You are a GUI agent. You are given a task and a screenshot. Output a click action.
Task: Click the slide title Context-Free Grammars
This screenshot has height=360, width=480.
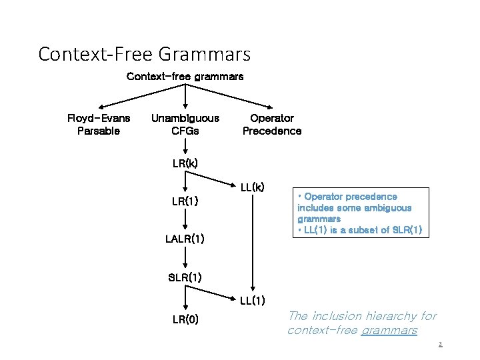[x=144, y=53]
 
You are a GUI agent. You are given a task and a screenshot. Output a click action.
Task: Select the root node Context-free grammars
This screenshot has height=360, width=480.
[x=185, y=76]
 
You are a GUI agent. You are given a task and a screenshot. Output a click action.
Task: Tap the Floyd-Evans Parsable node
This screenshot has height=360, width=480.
[x=99, y=125]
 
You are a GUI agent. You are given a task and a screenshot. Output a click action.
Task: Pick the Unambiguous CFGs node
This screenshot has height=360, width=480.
[x=185, y=125]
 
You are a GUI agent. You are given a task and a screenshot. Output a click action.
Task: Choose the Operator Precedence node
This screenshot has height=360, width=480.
[x=271, y=125]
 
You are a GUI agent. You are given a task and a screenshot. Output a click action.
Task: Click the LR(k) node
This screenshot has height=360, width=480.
[x=185, y=163]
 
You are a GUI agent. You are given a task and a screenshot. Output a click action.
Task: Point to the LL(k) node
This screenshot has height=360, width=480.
[x=253, y=187]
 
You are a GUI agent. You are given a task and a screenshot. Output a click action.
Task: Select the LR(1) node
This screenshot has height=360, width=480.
[x=185, y=201]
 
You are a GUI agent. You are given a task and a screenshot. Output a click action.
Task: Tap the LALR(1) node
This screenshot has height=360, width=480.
[x=185, y=239]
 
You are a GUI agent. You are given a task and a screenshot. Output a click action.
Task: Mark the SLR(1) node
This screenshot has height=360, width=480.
[x=185, y=277]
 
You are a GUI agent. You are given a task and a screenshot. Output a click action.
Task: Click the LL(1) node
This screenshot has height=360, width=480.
[x=253, y=301]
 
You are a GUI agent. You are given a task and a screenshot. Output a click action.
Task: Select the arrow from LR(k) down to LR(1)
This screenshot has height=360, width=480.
[x=185, y=181]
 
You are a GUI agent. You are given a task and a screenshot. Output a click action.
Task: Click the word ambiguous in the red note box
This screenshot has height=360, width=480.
[x=388, y=207]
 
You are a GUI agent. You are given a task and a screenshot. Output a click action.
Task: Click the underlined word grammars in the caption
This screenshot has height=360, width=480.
[x=389, y=330]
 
